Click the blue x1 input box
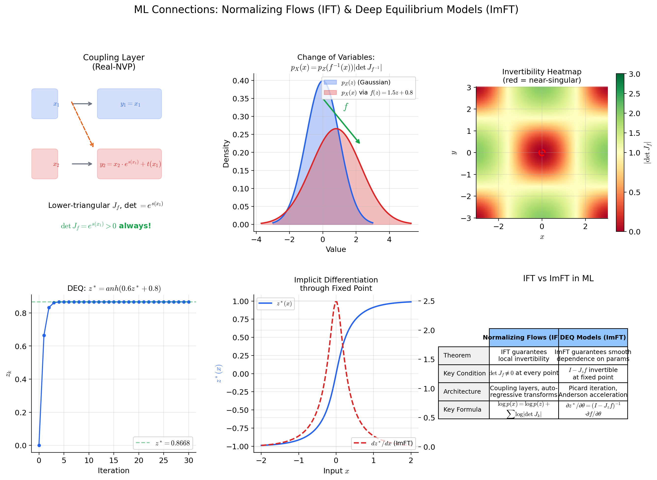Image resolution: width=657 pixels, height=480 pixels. pos(45,104)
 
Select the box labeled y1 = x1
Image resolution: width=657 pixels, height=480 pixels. pos(129,104)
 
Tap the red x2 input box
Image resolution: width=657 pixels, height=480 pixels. pos(45,164)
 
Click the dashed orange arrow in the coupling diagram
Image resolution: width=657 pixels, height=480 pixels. pos(82,124)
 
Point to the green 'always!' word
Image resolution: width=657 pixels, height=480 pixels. pos(135,226)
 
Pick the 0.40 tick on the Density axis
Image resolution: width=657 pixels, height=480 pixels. pos(241,80)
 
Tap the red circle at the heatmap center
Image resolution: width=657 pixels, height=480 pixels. pos(542,153)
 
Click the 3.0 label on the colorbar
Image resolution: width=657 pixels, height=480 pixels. pos(634,74)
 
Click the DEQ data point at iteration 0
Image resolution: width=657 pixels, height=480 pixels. pos(39,445)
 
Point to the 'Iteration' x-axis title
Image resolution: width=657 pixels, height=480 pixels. pos(114,470)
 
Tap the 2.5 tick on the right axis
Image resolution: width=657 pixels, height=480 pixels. pos(429,301)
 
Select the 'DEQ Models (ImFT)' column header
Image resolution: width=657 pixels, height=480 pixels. pos(593,337)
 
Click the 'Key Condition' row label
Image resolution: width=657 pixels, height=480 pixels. pos(464,373)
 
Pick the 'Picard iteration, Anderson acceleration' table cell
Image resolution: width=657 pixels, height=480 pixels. pos(593,391)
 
